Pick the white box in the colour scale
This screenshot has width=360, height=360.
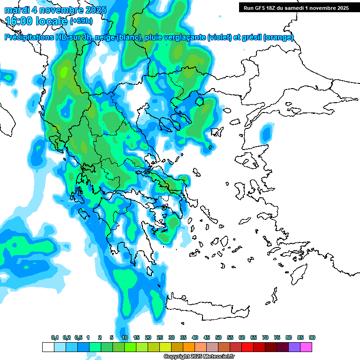point(48,347)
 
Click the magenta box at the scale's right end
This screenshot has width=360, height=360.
point(306,347)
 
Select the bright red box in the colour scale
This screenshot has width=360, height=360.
point(247,347)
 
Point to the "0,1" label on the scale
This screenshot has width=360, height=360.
point(54,338)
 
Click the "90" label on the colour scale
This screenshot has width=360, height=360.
point(312,338)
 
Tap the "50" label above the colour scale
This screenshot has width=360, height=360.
point(218,338)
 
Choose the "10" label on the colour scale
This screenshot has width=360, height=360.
point(125,338)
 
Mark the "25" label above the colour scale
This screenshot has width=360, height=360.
point(160,338)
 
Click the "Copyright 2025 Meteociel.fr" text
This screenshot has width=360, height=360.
point(199,357)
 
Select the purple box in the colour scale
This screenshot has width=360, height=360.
point(294,347)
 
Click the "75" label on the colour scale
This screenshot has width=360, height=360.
point(277,338)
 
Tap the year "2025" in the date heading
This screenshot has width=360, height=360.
point(93,10)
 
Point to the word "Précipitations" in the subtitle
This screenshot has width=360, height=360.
point(29,37)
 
